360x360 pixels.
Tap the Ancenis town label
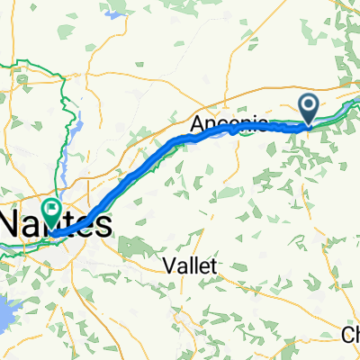(229, 123)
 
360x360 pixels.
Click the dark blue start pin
(309, 109)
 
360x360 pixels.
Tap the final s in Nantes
(106, 224)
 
